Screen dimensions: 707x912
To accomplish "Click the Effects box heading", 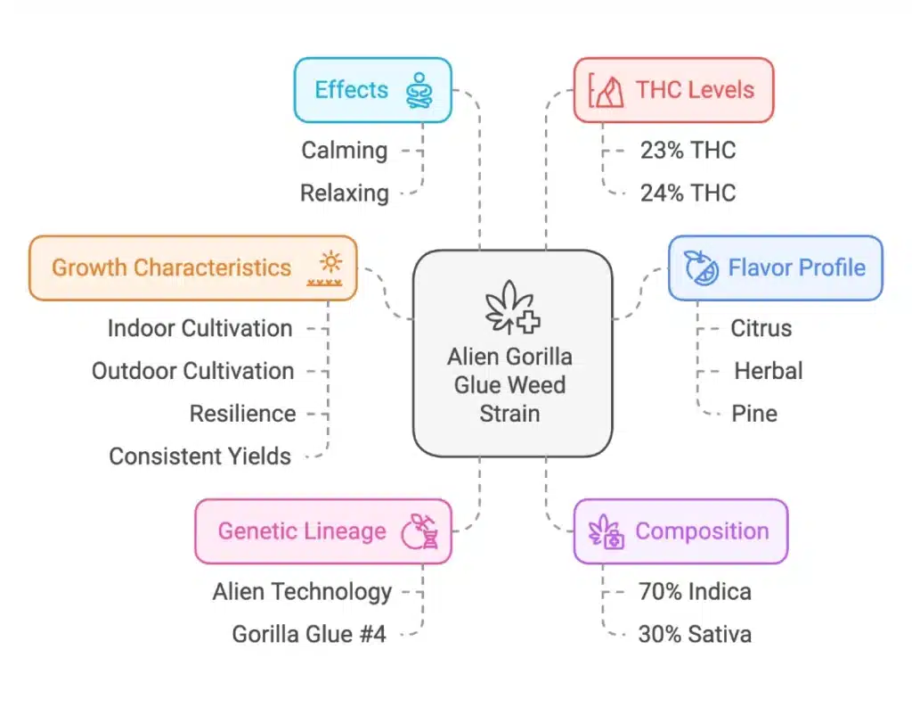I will (352, 90).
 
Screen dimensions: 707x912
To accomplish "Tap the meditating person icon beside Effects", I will (419, 91).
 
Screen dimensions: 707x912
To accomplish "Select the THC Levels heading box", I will (674, 90).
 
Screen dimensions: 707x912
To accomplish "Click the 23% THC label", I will (688, 150).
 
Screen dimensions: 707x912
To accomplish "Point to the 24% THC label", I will (688, 193).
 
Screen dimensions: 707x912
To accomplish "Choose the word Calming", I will (344, 150).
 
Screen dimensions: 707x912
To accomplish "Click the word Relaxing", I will (344, 193).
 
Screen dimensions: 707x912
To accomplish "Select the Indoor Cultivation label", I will (199, 328).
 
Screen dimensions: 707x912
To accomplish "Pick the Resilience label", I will (242, 414).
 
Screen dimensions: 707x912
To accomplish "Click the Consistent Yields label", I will (199, 456).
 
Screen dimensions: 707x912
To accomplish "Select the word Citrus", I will (761, 328).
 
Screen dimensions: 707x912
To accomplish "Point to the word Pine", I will (754, 414).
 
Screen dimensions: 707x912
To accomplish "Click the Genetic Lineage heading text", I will (302, 531).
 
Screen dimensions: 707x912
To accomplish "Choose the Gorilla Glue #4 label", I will (309, 635).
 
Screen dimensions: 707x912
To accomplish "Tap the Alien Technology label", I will (302, 591).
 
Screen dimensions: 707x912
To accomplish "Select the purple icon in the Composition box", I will (608, 531).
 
